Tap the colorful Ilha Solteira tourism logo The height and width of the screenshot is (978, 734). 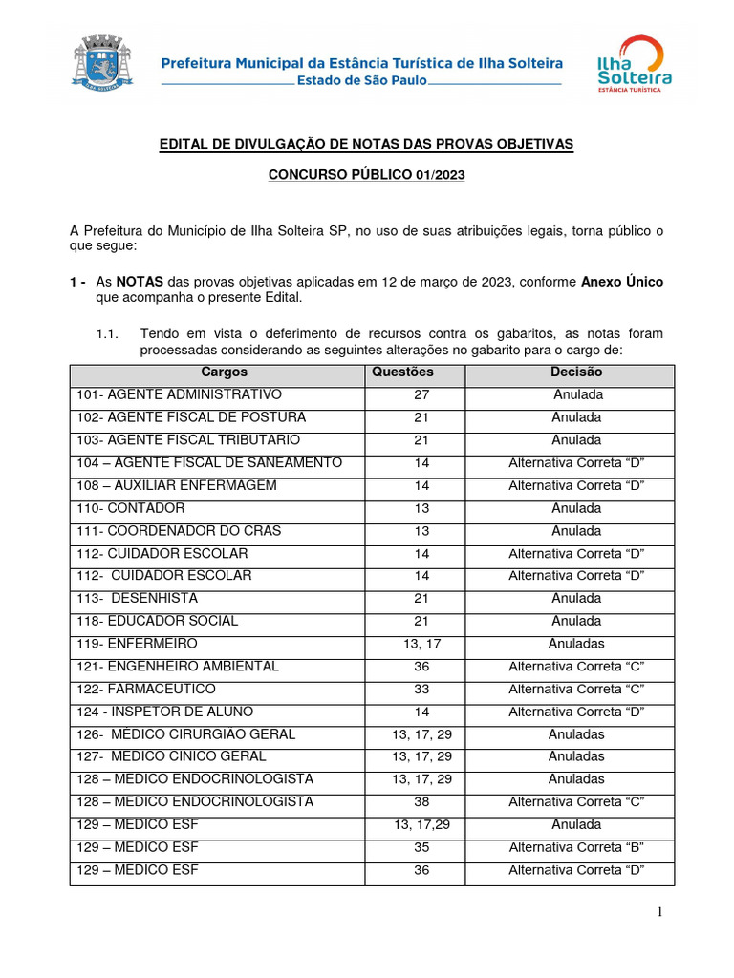(633, 64)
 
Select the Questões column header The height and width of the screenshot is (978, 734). (402, 372)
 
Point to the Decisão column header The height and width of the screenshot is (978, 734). (576, 372)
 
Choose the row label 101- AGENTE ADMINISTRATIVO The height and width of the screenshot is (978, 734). (180, 394)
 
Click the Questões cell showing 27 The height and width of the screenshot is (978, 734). (421, 394)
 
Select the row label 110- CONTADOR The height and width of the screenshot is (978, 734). (131, 508)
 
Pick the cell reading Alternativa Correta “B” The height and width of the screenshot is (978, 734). (576, 847)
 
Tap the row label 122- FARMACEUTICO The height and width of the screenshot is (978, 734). (146, 689)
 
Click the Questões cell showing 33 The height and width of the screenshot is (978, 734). (421, 689)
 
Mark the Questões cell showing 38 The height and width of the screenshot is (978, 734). (421, 802)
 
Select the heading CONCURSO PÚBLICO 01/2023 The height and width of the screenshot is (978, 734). (366, 176)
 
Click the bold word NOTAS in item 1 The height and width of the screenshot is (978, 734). (140, 283)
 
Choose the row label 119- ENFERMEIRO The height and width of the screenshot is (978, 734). (138, 644)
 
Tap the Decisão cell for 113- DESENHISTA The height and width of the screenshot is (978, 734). (576, 599)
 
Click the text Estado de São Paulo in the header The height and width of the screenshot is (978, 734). (363, 81)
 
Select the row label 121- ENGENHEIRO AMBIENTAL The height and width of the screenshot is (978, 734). (178, 667)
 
